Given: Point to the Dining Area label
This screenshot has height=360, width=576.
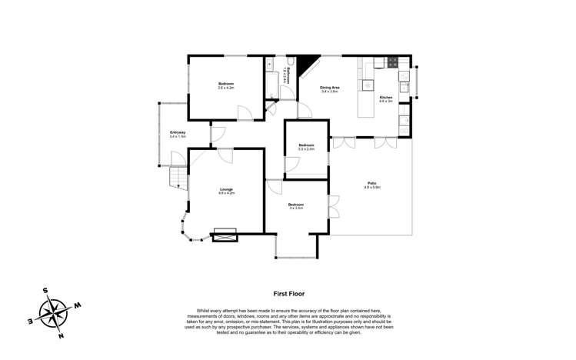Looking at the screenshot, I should pos(330,88).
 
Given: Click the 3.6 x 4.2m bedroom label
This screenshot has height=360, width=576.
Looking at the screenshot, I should pos(225,85).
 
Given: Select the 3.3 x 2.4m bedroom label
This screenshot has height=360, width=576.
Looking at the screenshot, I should pos(306,146).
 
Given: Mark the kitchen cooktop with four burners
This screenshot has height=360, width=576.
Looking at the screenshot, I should pos(392,62).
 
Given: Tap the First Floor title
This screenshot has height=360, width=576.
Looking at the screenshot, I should pos(289,293).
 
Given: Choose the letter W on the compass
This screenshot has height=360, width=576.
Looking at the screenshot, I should pos(78,305).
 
